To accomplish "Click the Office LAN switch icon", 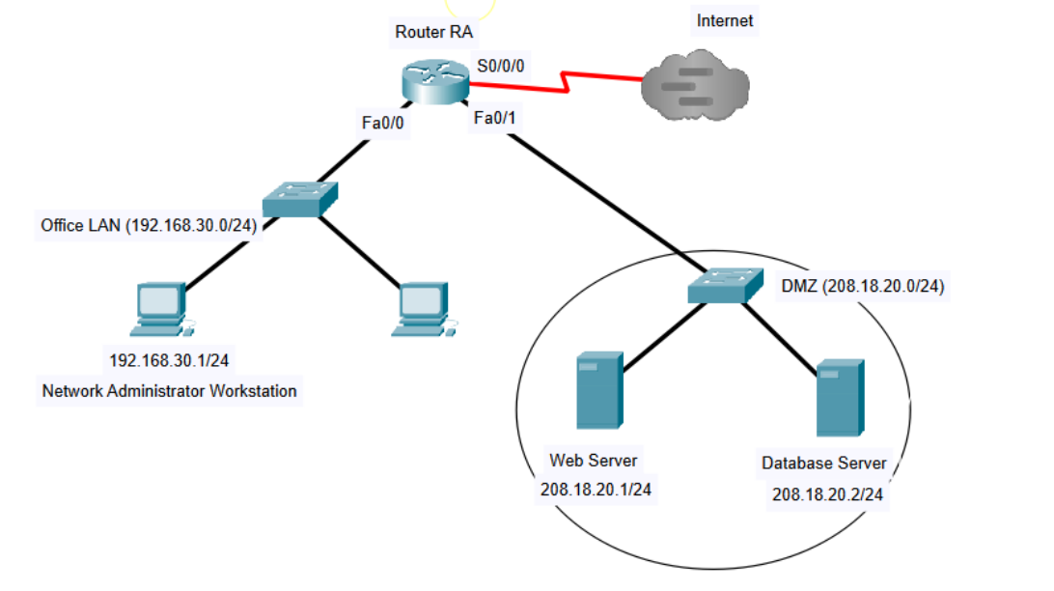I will pos(301,199).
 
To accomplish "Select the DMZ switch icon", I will pos(723,286).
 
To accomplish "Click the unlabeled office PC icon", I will pos(422,309).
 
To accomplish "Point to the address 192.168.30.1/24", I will pos(170,360).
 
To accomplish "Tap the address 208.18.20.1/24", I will pos(596,490).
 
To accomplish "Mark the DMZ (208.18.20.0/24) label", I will pos(862,287).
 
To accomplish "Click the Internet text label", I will pos(725,20).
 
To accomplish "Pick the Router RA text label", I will pos(434,32).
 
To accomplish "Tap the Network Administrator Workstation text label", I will pos(170,391).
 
